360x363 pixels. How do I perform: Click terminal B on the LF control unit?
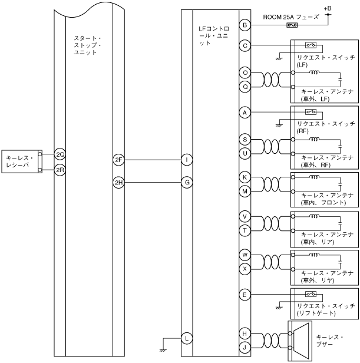[x=245, y=25]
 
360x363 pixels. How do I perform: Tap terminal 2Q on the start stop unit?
[x=60, y=154]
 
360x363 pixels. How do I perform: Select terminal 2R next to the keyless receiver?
[x=60, y=170]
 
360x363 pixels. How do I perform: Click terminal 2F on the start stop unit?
[x=118, y=159]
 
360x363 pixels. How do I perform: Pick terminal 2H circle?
[x=118, y=183]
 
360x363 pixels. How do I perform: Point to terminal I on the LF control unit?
[x=186, y=159]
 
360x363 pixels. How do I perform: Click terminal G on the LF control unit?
[x=186, y=183]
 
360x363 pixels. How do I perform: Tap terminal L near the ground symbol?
[x=186, y=338]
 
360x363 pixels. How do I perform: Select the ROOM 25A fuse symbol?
[x=291, y=25]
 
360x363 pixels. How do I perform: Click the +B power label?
[x=328, y=8]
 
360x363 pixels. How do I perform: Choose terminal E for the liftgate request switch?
[x=245, y=293]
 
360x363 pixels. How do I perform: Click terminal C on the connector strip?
[x=245, y=45]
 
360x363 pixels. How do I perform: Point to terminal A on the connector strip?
[x=245, y=112]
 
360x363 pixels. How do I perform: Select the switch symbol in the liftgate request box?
[x=311, y=293]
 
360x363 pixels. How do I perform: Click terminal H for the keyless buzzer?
[x=245, y=334]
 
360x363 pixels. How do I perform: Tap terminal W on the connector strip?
[x=245, y=255]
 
